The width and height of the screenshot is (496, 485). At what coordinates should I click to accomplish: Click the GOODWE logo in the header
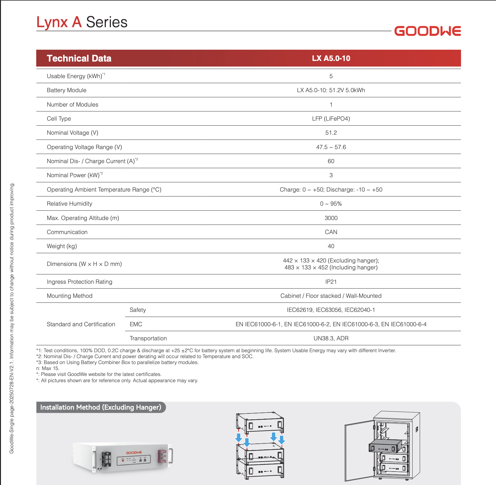click(x=427, y=31)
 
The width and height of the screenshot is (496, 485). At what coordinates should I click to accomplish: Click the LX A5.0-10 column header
click(x=331, y=58)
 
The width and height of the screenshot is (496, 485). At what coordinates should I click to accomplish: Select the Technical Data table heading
click(x=79, y=58)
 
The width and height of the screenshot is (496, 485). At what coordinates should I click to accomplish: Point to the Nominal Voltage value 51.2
click(x=331, y=133)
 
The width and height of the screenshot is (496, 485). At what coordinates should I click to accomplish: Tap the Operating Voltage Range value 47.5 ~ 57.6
click(x=331, y=147)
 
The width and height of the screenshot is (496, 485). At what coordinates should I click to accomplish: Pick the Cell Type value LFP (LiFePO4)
click(x=331, y=119)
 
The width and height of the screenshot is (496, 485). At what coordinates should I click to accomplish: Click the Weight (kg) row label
click(x=62, y=246)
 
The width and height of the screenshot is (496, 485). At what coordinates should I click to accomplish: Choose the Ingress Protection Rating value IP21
click(x=331, y=282)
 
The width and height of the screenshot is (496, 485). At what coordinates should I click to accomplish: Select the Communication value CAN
click(x=331, y=232)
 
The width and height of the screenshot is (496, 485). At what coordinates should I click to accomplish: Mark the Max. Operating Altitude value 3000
click(x=331, y=218)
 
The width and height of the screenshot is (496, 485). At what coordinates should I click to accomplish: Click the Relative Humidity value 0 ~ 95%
click(x=331, y=204)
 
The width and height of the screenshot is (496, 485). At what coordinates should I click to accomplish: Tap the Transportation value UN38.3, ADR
click(x=331, y=338)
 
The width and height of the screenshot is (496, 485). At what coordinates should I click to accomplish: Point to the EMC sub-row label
click(x=136, y=324)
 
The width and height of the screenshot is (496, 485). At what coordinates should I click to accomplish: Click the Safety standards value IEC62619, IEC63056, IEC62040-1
click(x=331, y=310)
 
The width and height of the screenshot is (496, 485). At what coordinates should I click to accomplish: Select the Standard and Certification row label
click(x=81, y=324)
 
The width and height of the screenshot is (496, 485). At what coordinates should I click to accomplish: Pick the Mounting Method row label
click(x=70, y=296)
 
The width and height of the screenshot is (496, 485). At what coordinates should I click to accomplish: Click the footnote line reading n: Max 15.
click(x=48, y=368)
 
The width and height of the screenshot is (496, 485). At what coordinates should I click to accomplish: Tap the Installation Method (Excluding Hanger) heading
click(x=101, y=407)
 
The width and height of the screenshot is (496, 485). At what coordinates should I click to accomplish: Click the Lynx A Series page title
click(x=82, y=22)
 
